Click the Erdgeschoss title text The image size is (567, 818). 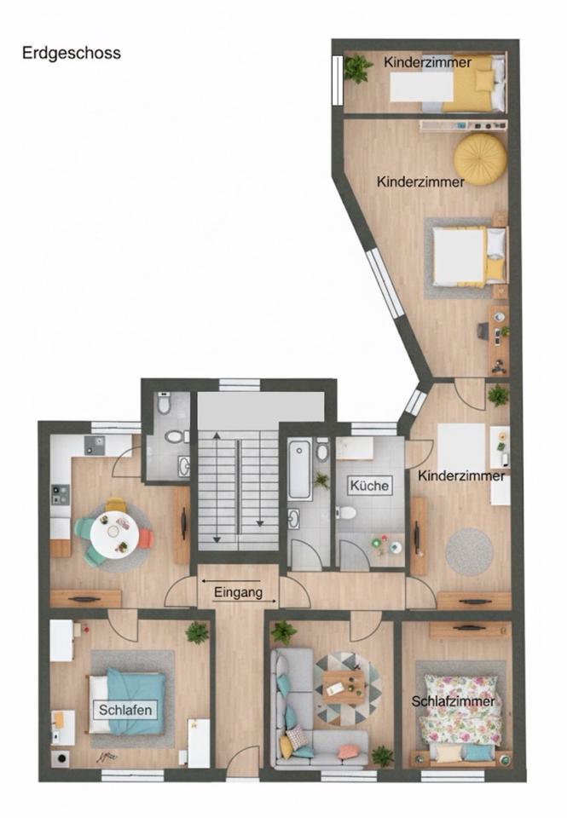pyautogui.click(x=72, y=53)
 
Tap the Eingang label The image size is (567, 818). pyautogui.click(x=238, y=592)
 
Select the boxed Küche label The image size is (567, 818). pyautogui.click(x=370, y=486)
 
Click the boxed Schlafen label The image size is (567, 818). pyautogui.click(x=125, y=710)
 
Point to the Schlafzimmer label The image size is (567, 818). pyautogui.click(x=454, y=701)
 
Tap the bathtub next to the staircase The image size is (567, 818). pyautogui.click(x=299, y=470)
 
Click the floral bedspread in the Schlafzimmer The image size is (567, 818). pyautogui.click(x=460, y=710)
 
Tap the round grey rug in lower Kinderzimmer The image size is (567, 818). pyautogui.click(x=469, y=552)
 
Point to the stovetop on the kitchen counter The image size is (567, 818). pyautogui.click(x=60, y=495)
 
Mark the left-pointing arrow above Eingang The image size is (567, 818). pyautogui.click(x=230, y=580)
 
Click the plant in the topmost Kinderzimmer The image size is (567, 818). pyautogui.click(x=357, y=68)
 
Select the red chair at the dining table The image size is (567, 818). pyautogui.click(x=146, y=539)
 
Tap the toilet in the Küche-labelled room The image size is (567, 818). pyautogui.click(x=345, y=513)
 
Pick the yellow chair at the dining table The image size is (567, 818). pyautogui.click(x=115, y=505)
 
